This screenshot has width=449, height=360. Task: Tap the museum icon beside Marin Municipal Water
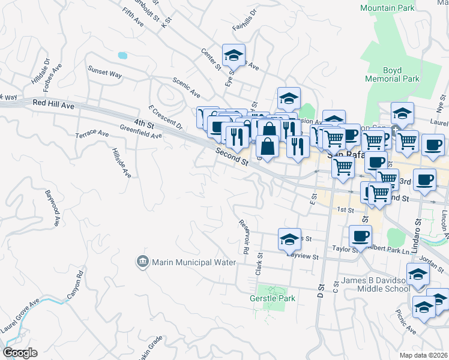point(142,262)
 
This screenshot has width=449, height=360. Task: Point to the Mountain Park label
point(387,8)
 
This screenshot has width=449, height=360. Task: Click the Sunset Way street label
point(105,73)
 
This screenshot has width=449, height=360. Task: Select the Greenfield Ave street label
point(141,131)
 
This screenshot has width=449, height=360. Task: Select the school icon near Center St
point(234,56)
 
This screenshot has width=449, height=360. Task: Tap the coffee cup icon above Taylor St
point(360,236)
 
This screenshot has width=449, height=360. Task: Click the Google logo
point(20,353)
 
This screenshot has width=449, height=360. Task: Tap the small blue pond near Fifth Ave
point(122,55)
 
